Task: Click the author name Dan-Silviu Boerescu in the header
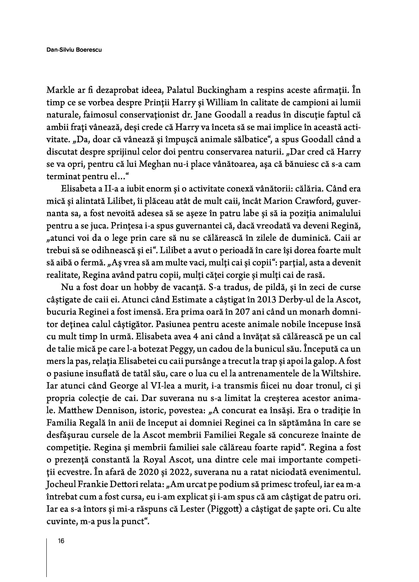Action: (x=74, y=50)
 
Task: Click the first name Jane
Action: (x=203, y=115)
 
